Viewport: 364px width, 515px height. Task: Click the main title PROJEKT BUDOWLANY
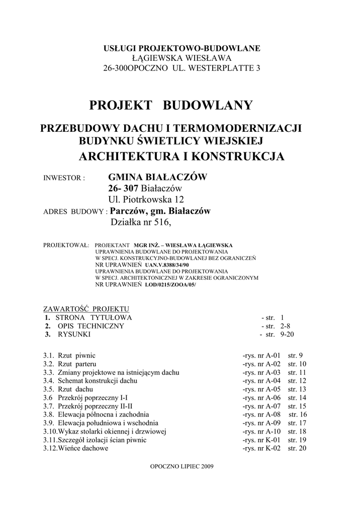click(171, 106)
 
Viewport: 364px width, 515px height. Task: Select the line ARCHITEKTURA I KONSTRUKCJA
click(181, 156)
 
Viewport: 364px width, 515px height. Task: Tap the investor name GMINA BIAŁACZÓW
click(157, 177)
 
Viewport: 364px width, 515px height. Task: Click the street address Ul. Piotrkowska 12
click(143, 200)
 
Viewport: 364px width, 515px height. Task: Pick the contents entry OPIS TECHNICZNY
click(90, 326)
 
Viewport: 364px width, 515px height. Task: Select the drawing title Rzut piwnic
click(76, 355)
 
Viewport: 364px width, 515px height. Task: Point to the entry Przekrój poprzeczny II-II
click(96, 406)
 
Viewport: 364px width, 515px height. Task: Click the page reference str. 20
click(297, 448)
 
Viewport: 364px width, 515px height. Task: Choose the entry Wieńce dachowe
click(83, 448)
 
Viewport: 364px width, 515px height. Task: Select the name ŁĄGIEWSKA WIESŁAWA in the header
click(182, 58)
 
